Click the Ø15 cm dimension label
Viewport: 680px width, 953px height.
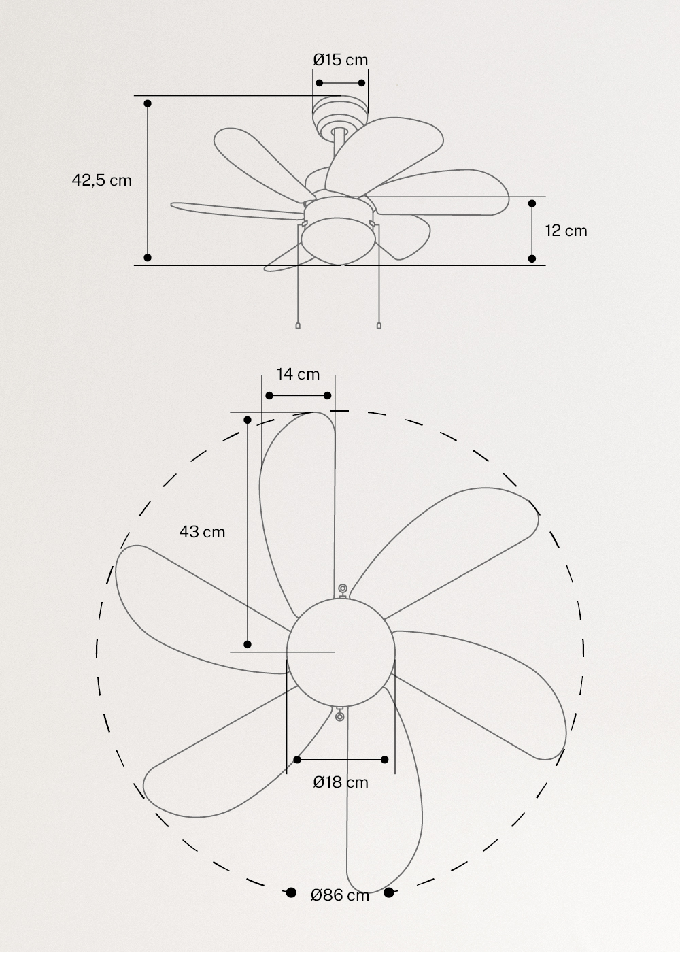pyautogui.click(x=341, y=60)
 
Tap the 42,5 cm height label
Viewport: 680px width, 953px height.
pyautogui.click(x=102, y=180)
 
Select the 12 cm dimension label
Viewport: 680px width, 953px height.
pyautogui.click(x=566, y=231)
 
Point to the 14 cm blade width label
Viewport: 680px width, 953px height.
pyautogui.click(x=298, y=374)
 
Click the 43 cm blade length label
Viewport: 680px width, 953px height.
pyautogui.click(x=202, y=532)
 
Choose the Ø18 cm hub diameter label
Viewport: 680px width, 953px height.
pyautogui.click(x=341, y=782)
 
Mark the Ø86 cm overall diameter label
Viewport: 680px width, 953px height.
pyautogui.click(x=340, y=895)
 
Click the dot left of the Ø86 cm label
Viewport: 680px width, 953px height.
pyautogui.click(x=291, y=892)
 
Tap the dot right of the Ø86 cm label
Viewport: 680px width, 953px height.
pyautogui.click(x=389, y=892)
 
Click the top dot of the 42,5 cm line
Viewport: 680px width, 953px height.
pyautogui.click(x=148, y=103)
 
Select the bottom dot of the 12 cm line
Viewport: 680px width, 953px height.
pyautogui.click(x=532, y=258)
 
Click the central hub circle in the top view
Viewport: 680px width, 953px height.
pyautogui.click(x=341, y=650)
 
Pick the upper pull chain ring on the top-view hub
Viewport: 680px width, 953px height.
pyautogui.click(x=343, y=588)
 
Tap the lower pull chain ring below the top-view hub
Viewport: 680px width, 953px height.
pyautogui.click(x=339, y=715)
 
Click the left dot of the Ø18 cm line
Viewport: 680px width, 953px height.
pyautogui.click(x=297, y=759)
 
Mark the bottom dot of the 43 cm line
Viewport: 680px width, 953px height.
pyautogui.click(x=248, y=644)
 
